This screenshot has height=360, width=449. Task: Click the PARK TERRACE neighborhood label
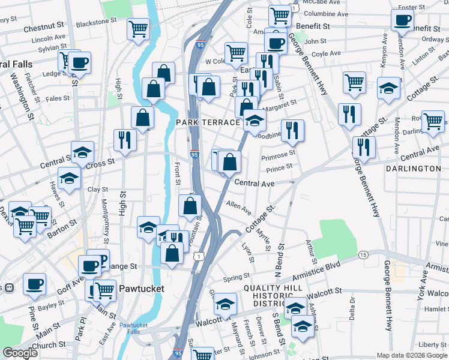[208, 122]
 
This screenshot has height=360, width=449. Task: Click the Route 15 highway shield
[363, 255]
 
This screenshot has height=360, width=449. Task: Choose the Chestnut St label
[44, 27]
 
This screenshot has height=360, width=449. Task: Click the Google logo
[20, 353]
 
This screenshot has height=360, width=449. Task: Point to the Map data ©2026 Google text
[412, 355]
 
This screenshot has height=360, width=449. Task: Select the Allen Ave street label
[238, 208]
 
